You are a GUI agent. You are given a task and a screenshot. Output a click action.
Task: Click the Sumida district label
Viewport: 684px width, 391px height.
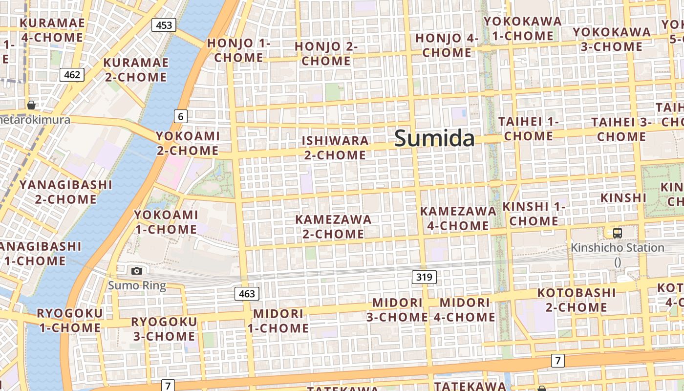coord(434,138)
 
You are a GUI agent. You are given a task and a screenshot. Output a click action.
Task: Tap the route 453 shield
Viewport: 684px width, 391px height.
coord(164,25)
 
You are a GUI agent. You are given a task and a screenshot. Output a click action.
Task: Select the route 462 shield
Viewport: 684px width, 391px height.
coord(72,75)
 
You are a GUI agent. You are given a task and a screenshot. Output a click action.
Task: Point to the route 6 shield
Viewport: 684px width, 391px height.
coord(181,116)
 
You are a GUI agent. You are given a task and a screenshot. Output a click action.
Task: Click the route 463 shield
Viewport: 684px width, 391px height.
coord(247,294)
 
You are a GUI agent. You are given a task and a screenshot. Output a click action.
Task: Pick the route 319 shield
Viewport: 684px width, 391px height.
coord(424,277)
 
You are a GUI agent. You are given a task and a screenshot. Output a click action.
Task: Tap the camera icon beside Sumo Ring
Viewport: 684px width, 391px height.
coord(137,271)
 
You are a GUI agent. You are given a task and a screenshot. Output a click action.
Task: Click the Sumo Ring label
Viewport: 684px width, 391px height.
coord(137,285)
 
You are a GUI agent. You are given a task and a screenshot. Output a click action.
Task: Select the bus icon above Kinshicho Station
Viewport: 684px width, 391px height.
coord(618,233)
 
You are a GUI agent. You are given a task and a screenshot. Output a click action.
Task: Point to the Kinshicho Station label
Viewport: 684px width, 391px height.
coord(618,248)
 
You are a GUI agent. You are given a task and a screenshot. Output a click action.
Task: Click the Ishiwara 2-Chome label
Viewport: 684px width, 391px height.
coord(335,148)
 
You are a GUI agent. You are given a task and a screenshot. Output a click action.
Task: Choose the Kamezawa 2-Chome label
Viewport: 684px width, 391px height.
coord(333,227)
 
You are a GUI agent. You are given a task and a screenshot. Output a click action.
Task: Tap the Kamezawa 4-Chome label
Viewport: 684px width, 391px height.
coord(458,218)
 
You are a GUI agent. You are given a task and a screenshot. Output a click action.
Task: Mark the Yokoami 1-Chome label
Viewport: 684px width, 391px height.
coord(166,222)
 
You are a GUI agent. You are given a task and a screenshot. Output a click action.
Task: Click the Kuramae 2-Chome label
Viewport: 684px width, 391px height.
coord(136,70)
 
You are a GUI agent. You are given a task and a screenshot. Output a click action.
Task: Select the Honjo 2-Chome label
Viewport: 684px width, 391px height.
coord(326,54)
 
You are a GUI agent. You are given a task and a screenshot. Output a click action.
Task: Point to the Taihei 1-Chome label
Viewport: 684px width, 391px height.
coord(528,129)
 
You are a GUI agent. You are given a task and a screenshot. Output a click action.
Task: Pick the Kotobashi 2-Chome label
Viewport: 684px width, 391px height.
coord(577,300)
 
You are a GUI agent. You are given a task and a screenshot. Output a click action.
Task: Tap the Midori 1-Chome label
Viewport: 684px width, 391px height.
coord(278,321)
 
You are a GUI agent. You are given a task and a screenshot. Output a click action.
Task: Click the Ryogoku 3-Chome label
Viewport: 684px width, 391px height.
coord(164,329)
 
